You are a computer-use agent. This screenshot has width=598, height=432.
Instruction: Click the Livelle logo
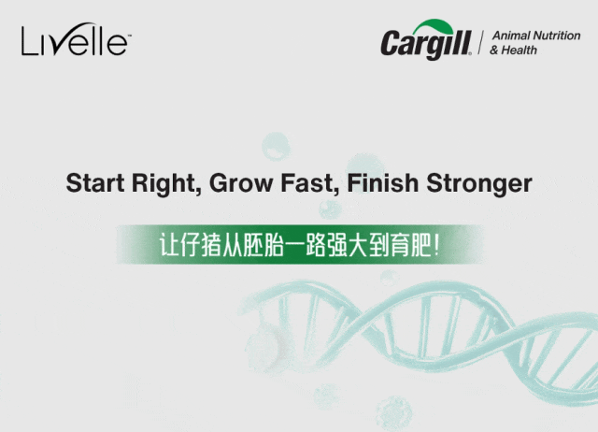click(75, 41)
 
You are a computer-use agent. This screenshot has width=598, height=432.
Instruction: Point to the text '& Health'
click(514, 50)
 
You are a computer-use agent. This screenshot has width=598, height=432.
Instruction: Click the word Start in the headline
click(95, 183)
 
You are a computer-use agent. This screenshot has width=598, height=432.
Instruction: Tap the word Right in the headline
click(165, 183)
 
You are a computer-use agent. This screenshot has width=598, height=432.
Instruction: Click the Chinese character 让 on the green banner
click(171, 245)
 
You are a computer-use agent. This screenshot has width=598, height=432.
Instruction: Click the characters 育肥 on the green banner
click(420, 245)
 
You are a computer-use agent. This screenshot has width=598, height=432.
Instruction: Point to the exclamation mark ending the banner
click(439, 245)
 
